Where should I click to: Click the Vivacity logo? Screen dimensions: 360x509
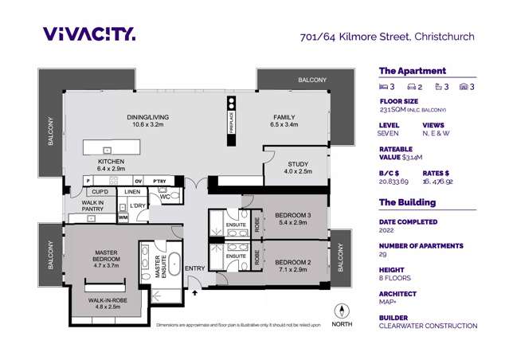tap(89, 33)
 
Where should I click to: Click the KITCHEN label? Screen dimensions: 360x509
tap(112, 164)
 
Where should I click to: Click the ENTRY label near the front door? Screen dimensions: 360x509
tap(194, 268)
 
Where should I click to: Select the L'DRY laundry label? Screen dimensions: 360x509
tap(138, 206)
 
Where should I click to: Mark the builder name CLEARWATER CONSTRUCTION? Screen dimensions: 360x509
tap(428, 326)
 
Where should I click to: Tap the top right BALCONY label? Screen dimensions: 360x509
tap(311, 80)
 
